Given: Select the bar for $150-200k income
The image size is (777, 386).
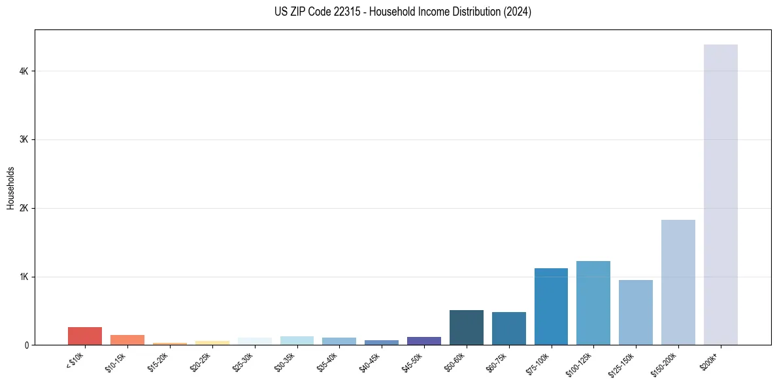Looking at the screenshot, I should pyautogui.click(x=678, y=282).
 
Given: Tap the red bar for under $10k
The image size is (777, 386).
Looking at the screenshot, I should pyautogui.click(x=85, y=336).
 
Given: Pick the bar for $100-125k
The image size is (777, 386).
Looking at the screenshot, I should pyautogui.click(x=593, y=303).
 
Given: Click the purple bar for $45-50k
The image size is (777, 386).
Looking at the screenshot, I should pyautogui.click(x=423, y=341).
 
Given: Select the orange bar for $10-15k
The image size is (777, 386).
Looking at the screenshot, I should pyautogui.click(x=127, y=340).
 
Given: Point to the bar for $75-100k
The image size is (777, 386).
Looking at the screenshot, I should pyautogui.click(x=551, y=306).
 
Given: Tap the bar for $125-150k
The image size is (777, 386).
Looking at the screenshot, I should pyautogui.click(x=635, y=312).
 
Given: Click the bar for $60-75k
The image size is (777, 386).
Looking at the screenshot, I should pyautogui.click(x=508, y=328).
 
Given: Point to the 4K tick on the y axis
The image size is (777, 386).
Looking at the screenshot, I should pyautogui.click(x=25, y=71).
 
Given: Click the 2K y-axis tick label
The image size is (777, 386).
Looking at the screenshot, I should pyautogui.click(x=25, y=208).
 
